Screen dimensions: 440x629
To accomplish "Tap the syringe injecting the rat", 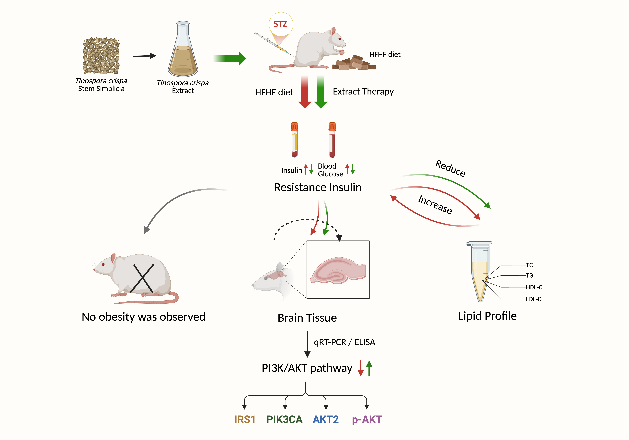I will pyautogui.click(x=273, y=44).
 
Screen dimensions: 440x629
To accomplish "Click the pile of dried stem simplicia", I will pyautogui.click(x=101, y=56).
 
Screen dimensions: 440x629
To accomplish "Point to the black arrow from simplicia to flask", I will pyautogui.click(x=144, y=56).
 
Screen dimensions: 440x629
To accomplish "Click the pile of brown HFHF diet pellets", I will pyautogui.click(x=353, y=63).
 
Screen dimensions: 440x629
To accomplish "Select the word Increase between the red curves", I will pyautogui.click(x=435, y=204).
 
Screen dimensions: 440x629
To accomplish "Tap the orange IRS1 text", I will pyautogui.click(x=245, y=419).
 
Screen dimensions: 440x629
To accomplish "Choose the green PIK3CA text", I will pyautogui.click(x=284, y=419).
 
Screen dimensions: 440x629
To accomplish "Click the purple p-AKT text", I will pyautogui.click(x=367, y=419).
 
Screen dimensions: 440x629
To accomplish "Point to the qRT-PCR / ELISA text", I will pyautogui.click(x=344, y=342).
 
